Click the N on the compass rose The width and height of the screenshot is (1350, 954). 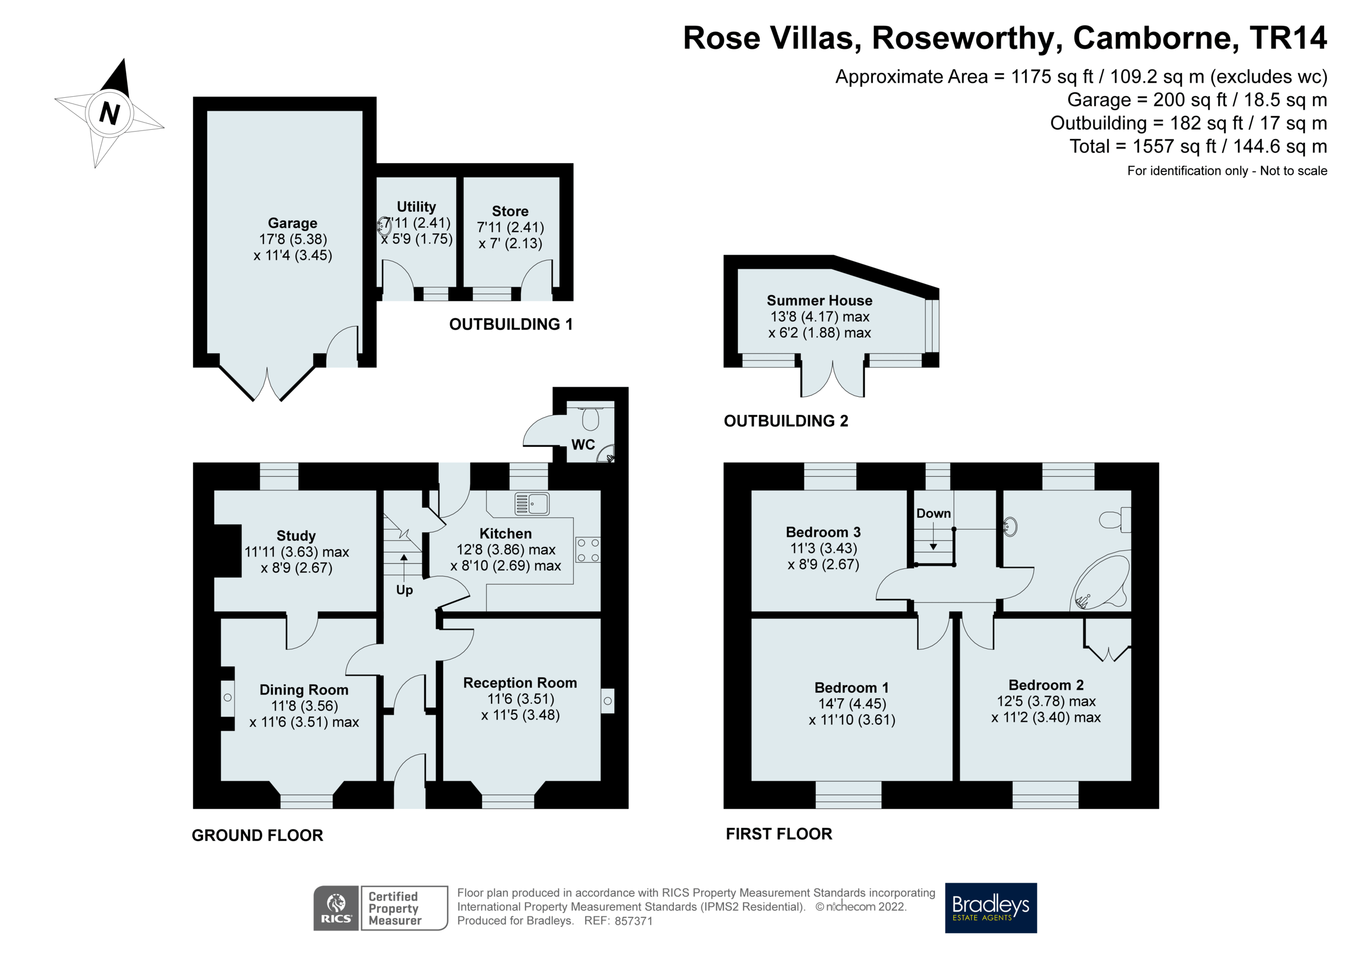[109, 112]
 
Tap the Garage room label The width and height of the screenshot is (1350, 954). [292, 223]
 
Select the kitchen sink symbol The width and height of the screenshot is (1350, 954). [531, 504]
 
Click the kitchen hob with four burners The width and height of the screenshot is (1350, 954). [587, 550]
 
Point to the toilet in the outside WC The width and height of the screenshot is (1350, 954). [589, 418]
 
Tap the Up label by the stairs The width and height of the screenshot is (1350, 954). [404, 590]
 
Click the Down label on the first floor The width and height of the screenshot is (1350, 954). [933, 513]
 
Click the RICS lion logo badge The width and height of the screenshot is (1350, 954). [336, 907]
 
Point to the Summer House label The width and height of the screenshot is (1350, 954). [819, 300]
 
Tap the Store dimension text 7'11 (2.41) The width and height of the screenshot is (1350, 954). [510, 227]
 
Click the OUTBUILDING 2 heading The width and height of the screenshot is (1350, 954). [786, 421]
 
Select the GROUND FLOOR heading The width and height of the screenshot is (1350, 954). [257, 835]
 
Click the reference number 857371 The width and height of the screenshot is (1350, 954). [633, 921]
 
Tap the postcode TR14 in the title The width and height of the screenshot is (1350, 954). [1288, 38]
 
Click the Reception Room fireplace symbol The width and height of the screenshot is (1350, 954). [607, 700]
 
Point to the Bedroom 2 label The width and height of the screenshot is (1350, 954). [1046, 685]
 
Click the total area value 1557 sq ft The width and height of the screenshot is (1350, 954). [1173, 146]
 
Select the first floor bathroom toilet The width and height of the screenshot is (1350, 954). [1114, 519]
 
